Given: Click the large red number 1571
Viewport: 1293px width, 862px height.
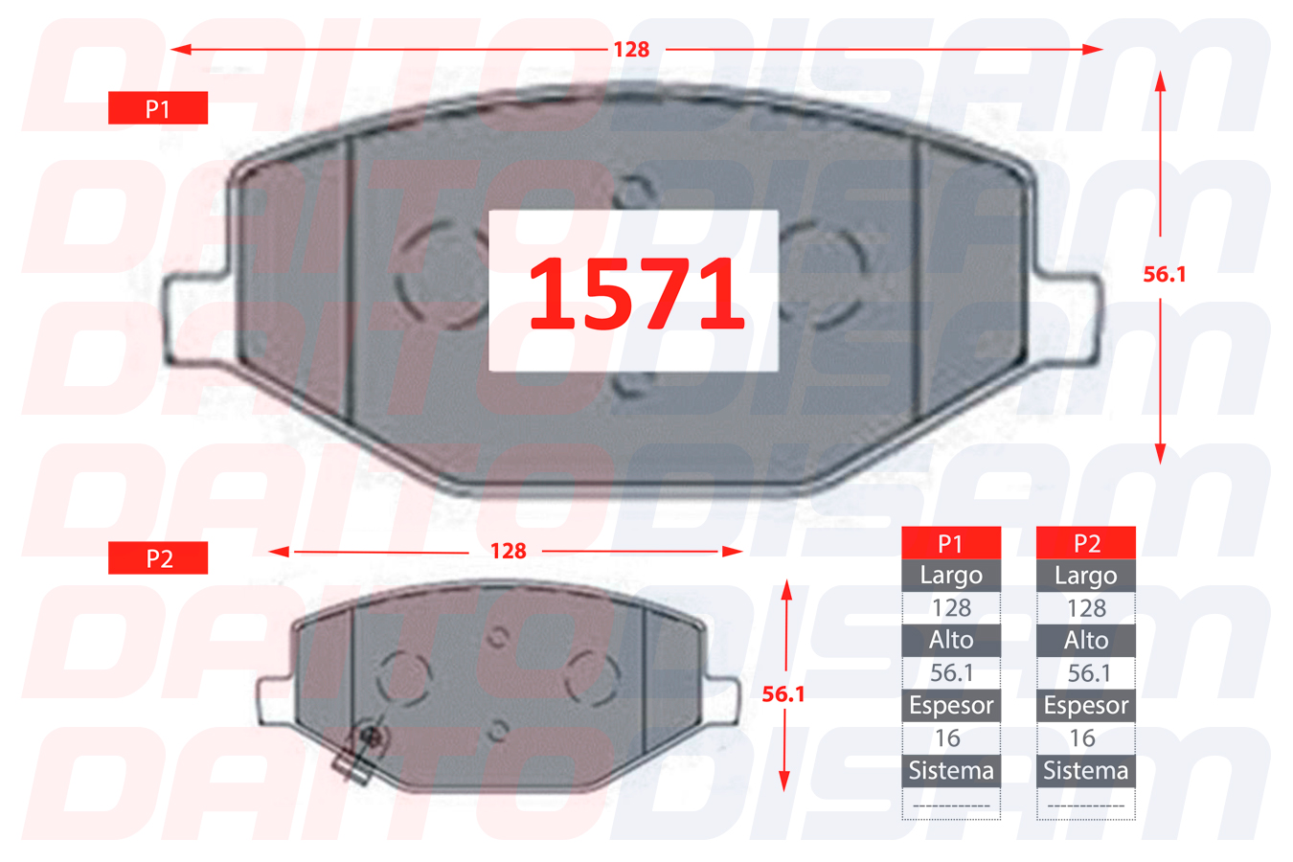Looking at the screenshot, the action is coord(636,292).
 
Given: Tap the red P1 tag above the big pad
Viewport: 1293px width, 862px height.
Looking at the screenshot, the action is coord(158,108).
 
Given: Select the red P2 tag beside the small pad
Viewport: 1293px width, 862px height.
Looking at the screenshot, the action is coord(158,557).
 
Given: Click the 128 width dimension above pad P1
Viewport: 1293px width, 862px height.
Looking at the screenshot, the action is coord(631,50).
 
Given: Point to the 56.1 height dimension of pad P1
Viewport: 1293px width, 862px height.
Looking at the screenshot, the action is coord(1165,274).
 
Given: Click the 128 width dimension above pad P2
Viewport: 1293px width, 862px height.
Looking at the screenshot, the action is coord(508,551).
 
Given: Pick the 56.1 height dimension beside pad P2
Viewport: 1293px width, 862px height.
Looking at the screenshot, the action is coord(783,693).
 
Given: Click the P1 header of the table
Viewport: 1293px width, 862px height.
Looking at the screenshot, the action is coord(951,543).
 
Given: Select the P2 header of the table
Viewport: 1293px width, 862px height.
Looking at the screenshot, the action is coord(1086,543).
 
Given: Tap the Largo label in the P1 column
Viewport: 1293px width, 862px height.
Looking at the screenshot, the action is coord(951,575).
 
